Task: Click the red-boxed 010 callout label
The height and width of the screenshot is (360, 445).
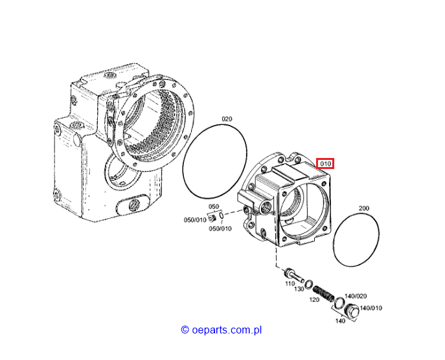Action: click(x=325, y=164)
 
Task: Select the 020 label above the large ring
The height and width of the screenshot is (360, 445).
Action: click(x=227, y=119)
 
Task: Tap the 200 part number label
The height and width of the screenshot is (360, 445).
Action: click(x=364, y=208)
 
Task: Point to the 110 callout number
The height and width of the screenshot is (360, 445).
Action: click(x=290, y=284)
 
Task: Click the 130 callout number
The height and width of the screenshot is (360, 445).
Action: click(x=299, y=289)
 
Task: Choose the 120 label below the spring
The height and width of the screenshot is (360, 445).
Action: click(x=314, y=300)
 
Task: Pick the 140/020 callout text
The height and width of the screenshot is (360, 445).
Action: click(x=356, y=296)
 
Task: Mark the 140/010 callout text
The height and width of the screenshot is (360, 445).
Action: click(x=371, y=308)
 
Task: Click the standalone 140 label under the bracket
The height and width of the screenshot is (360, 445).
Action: click(x=340, y=321)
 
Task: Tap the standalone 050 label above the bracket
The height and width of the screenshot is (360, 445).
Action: click(x=214, y=207)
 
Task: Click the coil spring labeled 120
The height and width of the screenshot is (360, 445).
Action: click(x=324, y=294)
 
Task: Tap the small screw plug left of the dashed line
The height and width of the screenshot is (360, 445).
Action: click(x=212, y=218)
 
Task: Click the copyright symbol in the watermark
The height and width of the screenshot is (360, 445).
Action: click(x=185, y=330)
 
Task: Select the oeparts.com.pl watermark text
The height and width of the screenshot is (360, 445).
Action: click(x=227, y=330)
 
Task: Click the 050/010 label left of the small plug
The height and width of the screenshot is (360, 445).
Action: click(x=195, y=220)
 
